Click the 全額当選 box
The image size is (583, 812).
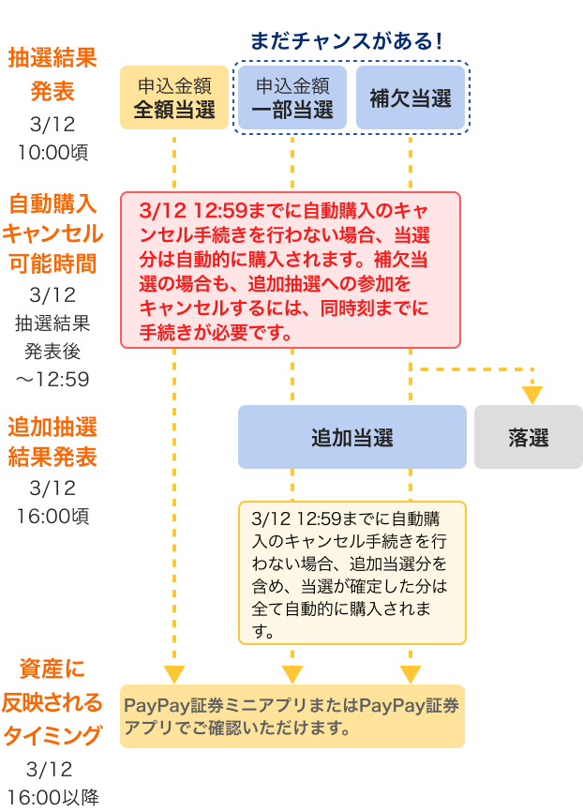(x=174, y=98)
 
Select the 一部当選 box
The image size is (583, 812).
(x=292, y=98)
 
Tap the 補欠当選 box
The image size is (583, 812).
(x=411, y=98)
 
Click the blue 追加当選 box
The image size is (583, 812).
(x=351, y=437)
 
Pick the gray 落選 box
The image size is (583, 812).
(x=529, y=437)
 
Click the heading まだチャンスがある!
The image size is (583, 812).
(x=346, y=41)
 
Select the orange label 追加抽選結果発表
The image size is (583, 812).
(x=52, y=442)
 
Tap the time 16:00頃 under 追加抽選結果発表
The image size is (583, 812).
(x=52, y=516)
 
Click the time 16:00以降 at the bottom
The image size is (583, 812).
(x=52, y=797)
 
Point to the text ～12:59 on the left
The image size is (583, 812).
(x=52, y=380)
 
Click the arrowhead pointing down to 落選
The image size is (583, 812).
(x=532, y=395)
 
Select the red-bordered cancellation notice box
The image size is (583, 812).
(x=291, y=270)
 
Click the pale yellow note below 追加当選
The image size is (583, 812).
(x=351, y=573)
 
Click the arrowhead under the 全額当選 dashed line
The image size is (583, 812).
(x=174, y=674)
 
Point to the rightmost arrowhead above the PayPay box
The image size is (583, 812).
(x=411, y=674)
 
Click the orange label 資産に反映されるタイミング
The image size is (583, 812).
(x=52, y=702)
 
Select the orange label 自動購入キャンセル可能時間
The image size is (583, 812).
(x=52, y=233)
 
